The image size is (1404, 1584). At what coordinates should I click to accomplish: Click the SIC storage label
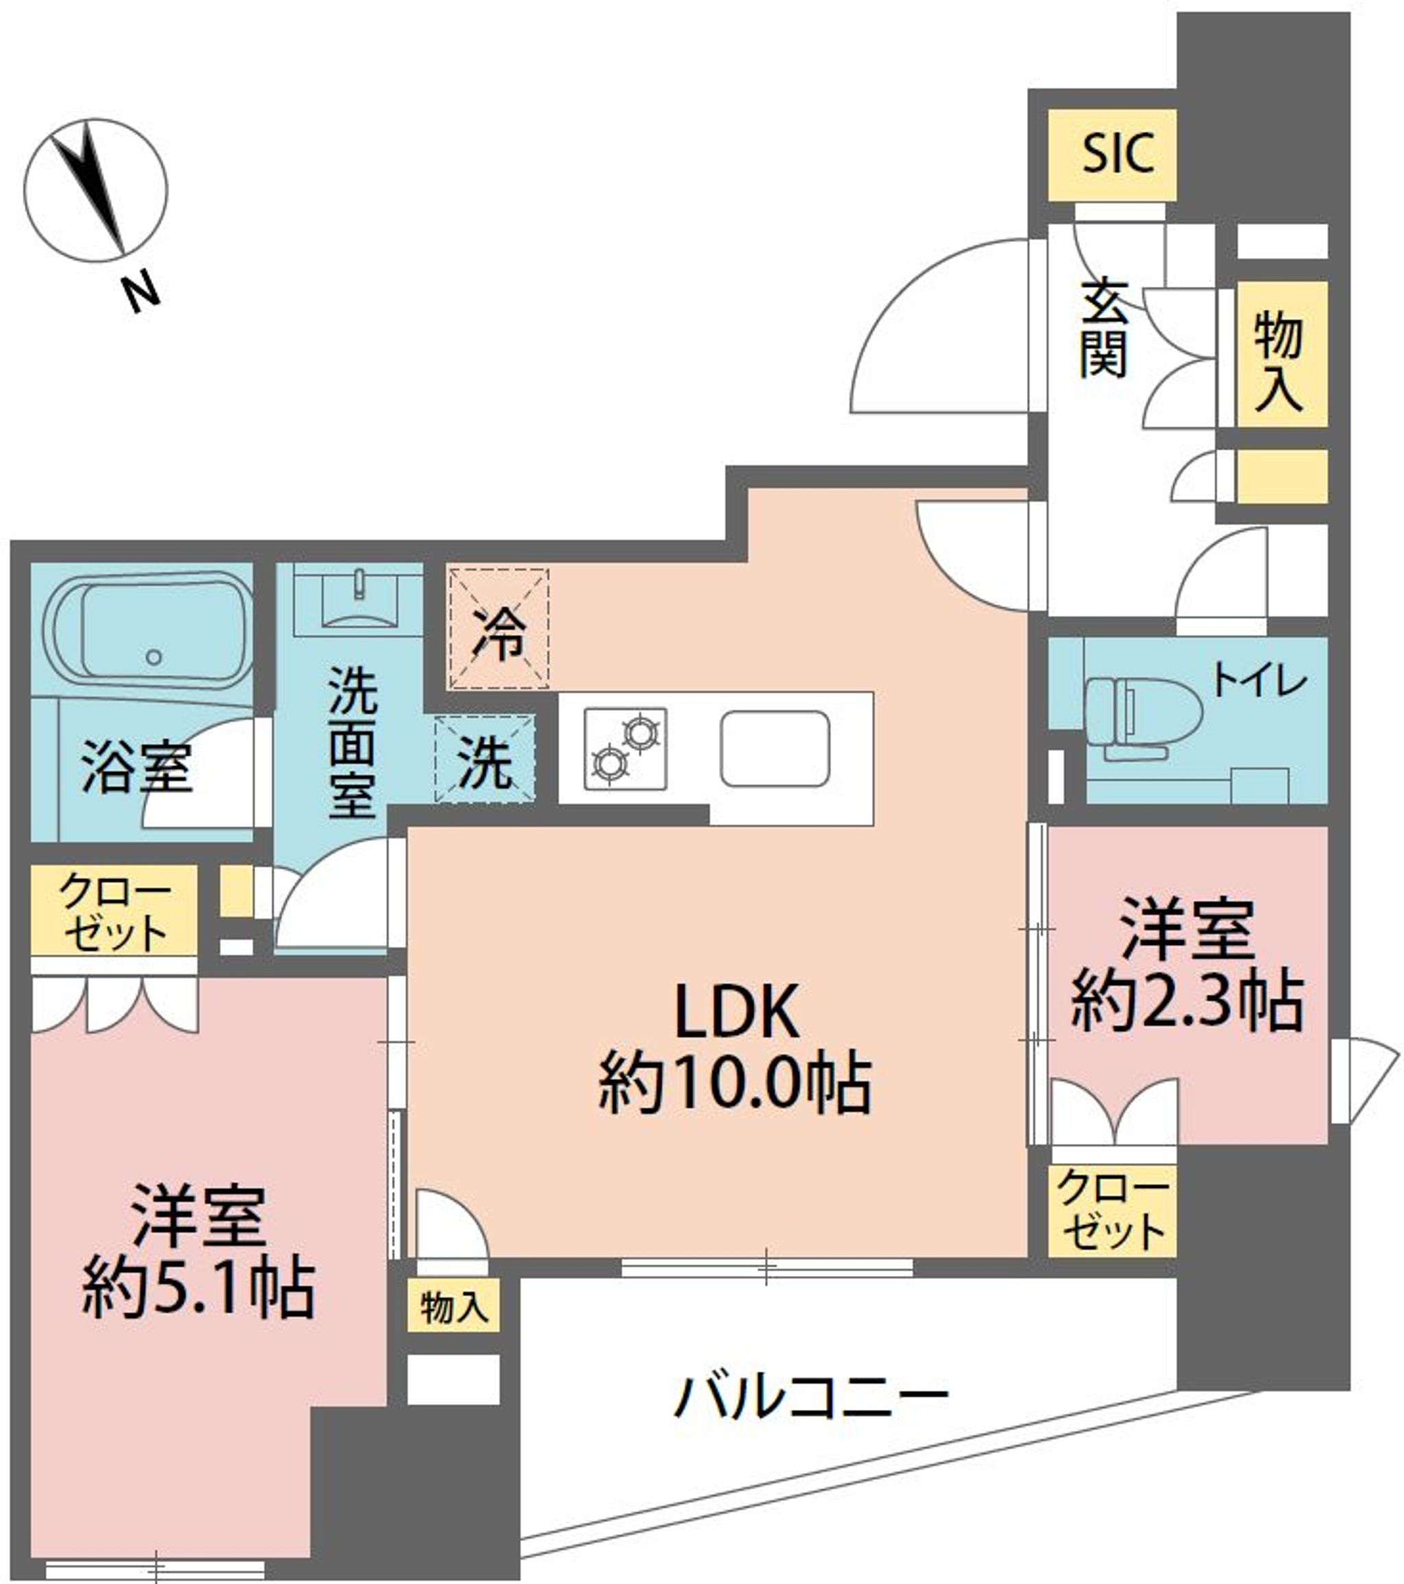pos(1117,154)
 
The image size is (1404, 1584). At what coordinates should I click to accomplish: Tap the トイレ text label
pos(1259,682)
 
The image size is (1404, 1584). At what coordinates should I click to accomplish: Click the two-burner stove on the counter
pos(626,748)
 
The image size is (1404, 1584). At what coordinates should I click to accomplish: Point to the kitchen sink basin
pos(775,749)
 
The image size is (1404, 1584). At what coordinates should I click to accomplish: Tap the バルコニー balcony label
pos(811,1397)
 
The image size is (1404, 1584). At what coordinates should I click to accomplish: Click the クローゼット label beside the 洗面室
pos(114,912)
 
